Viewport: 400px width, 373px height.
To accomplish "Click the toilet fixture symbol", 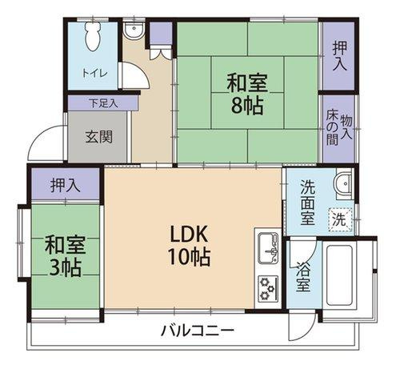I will [x=92, y=36].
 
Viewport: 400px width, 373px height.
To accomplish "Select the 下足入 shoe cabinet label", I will [x=102, y=102].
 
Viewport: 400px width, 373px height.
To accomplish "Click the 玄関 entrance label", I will [x=99, y=135].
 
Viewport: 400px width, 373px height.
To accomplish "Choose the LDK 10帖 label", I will [x=190, y=246].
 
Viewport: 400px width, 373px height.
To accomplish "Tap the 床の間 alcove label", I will [x=331, y=129].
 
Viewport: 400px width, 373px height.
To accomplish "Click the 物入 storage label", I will [x=346, y=128].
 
